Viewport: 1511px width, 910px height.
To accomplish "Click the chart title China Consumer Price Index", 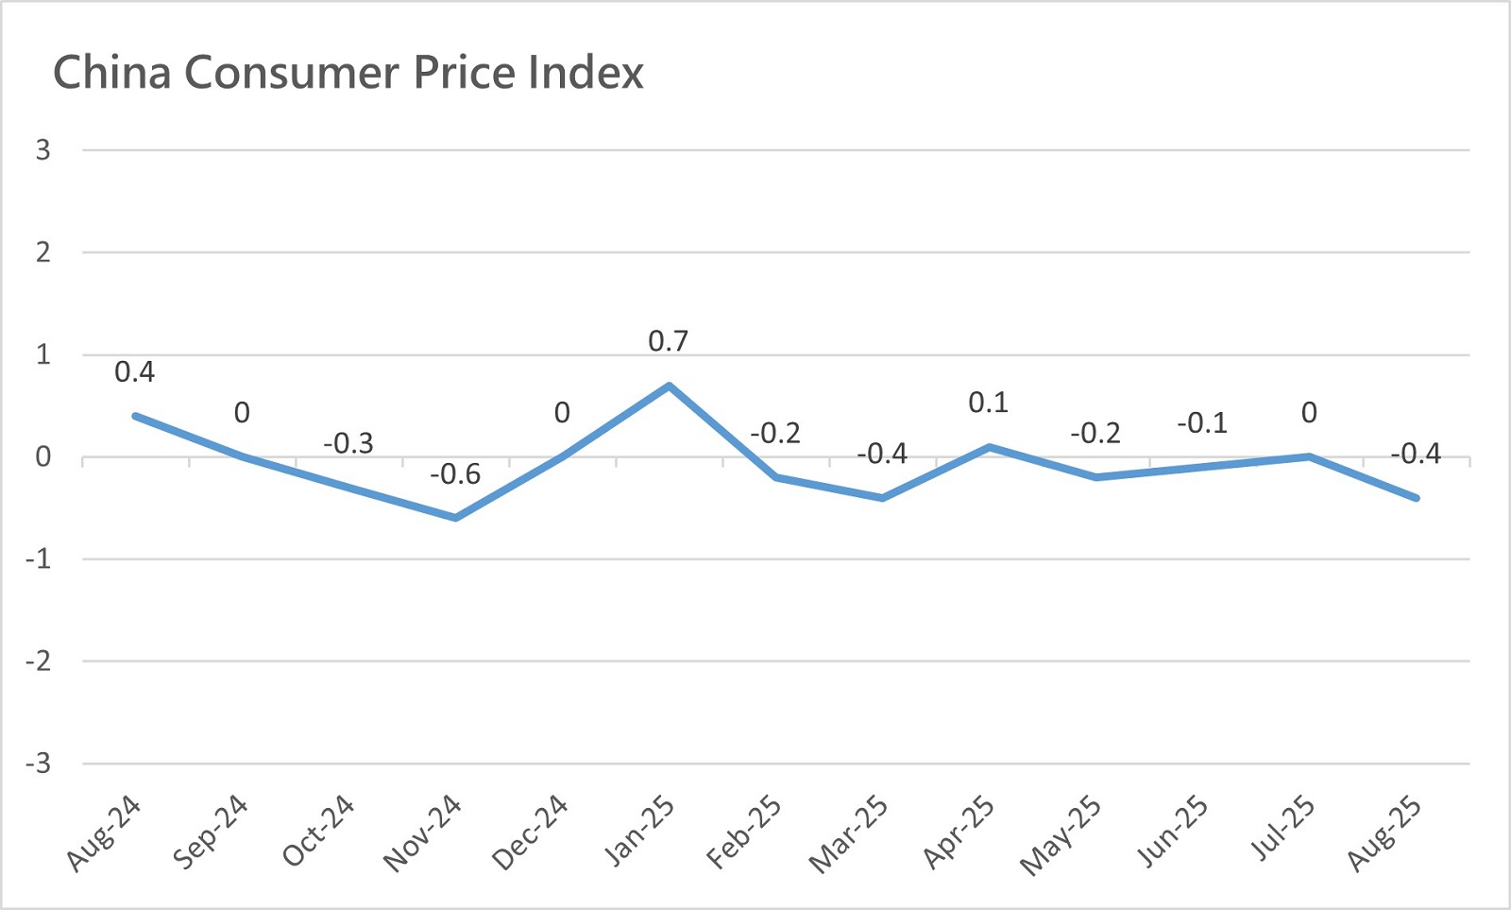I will (x=348, y=73).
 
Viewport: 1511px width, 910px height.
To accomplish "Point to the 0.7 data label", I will (x=668, y=341).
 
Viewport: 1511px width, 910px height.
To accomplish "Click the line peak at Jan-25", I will (x=669, y=386).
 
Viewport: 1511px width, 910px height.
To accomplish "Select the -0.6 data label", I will (x=455, y=474).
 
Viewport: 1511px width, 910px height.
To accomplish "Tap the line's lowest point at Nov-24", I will (x=455, y=518).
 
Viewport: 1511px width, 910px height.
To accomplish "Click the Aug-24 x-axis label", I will (x=104, y=833).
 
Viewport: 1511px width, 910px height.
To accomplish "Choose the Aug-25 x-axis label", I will (x=1384, y=833).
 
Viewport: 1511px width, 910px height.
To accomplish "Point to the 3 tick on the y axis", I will (x=42, y=149).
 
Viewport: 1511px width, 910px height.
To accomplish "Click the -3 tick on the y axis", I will (x=38, y=764).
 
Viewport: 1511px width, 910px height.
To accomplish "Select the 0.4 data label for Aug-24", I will (x=134, y=372).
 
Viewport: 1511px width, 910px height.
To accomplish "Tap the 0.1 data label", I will (x=988, y=403).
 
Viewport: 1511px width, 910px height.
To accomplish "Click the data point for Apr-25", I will (x=989, y=447).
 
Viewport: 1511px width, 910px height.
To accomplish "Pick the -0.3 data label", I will (x=348, y=443).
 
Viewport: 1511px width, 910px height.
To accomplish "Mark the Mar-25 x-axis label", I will (x=849, y=833).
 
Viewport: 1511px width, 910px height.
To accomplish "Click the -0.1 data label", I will (x=1202, y=423).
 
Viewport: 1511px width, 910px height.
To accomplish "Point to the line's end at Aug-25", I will (x=1416, y=497).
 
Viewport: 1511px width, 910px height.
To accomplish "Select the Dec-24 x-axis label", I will (x=530, y=833).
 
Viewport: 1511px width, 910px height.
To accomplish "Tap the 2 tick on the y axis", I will (x=42, y=252).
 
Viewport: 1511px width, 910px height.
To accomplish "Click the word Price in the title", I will (x=467, y=73).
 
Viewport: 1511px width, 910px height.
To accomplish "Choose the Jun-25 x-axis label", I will (x=1171, y=833).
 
